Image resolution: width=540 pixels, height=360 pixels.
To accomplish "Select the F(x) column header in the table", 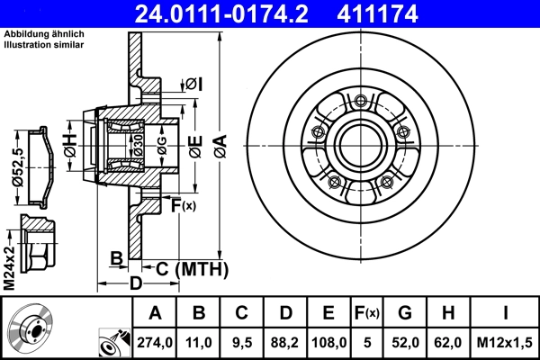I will (366, 313).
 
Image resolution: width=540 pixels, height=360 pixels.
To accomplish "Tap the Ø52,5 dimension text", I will (16, 166).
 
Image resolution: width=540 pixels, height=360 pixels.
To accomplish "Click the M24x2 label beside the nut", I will (9, 266).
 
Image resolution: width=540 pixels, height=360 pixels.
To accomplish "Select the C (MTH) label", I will (190, 267).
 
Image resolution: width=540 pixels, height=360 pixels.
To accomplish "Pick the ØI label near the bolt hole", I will (194, 85).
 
